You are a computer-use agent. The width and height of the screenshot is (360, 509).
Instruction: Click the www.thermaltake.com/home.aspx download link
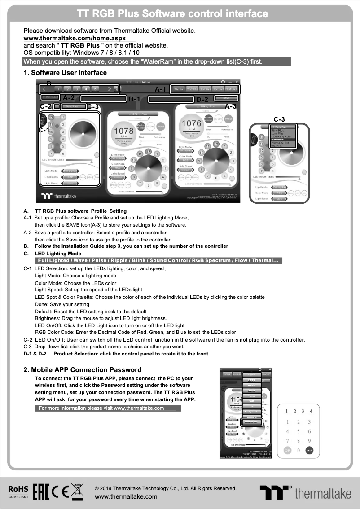pos(68,39)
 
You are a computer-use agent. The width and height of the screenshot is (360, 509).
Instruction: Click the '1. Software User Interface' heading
pos(65,73)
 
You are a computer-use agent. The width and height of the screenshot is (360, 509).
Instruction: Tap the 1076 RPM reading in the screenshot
pos(191,123)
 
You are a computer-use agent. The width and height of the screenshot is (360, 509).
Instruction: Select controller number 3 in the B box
pos(77,89)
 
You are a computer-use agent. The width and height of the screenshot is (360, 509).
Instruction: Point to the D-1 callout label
pos(135,99)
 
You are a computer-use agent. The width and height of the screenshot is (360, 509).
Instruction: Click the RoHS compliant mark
pos(18,491)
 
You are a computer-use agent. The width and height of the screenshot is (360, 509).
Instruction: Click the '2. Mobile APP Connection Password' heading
pos(82,370)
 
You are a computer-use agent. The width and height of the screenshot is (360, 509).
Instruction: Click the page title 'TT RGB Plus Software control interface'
pos(172,14)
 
